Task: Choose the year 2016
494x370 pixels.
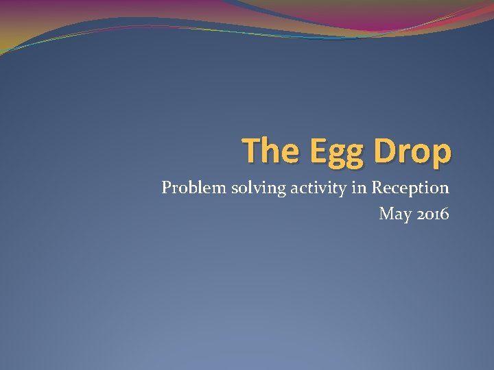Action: click(433, 214)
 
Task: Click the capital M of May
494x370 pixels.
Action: click(387, 214)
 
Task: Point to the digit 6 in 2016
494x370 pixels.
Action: click(445, 214)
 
